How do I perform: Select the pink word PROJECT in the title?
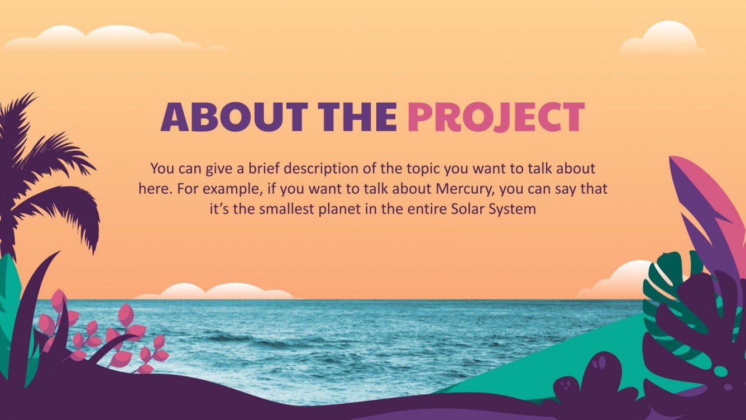tap(496, 117)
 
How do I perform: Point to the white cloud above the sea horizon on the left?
tap(218, 292)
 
